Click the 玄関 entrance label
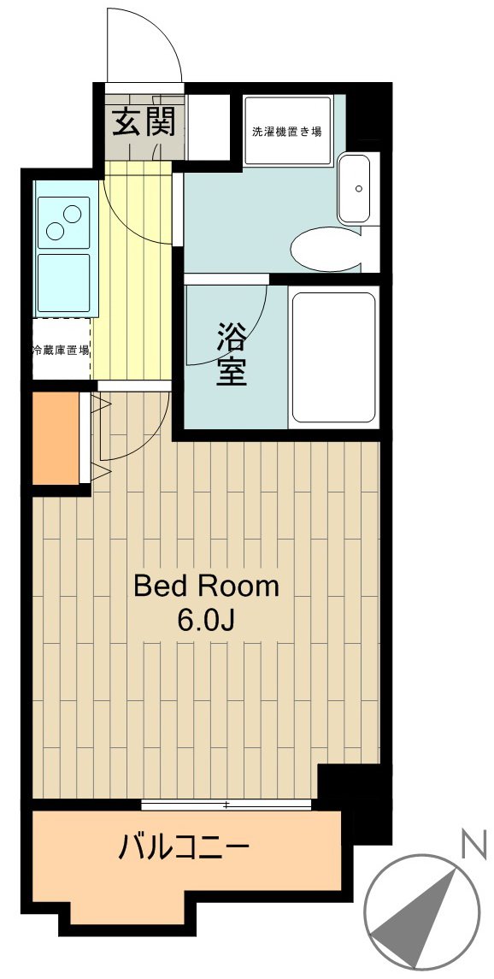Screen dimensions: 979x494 pyautogui.click(x=144, y=123)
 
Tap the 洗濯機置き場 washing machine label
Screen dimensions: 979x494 pyautogui.click(x=286, y=132)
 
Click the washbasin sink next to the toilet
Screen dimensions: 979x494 pyautogui.click(x=356, y=189)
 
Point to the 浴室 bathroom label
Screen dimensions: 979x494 pyautogui.click(x=231, y=354)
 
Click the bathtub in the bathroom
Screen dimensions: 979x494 pyautogui.click(x=333, y=358)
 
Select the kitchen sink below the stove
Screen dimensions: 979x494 pyautogui.click(x=63, y=283)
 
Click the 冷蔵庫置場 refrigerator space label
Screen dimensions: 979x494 pyautogui.click(x=62, y=350)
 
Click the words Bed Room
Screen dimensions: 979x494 pyautogui.click(x=206, y=587)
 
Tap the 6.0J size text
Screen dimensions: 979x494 pyautogui.click(x=206, y=620)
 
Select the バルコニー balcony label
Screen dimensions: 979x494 pyautogui.click(x=184, y=848)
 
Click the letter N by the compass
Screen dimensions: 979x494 pyautogui.click(x=471, y=846)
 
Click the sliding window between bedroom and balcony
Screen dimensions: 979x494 pyautogui.click(x=226, y=804)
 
